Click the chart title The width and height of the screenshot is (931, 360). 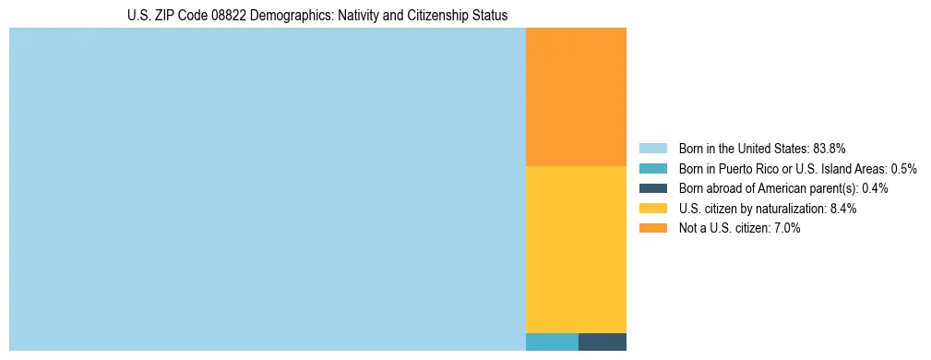click(x=317, y=16)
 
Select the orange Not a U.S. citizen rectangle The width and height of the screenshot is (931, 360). click(x=576, y=97)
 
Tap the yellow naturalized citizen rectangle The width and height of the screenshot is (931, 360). click(x=576, y=249)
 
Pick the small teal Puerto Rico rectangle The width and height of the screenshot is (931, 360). click(x=552, y=342)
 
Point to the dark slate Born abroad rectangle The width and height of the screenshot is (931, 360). click(x=603, y=342)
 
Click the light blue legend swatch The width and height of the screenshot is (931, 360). click(x=652, y=149)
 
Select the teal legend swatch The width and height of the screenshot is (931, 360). click(x=652, y=169)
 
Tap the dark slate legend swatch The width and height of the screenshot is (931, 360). click(x=652, y=188)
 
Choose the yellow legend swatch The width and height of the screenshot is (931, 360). click(x=652, y=209)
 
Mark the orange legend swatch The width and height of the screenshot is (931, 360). click(x=652, y=228)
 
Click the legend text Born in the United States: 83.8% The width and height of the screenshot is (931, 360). click(x=762, y=149)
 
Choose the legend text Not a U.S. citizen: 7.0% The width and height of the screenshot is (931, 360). click(x=739, y=228)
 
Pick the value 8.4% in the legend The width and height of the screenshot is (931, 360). click(x=843, y=209)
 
